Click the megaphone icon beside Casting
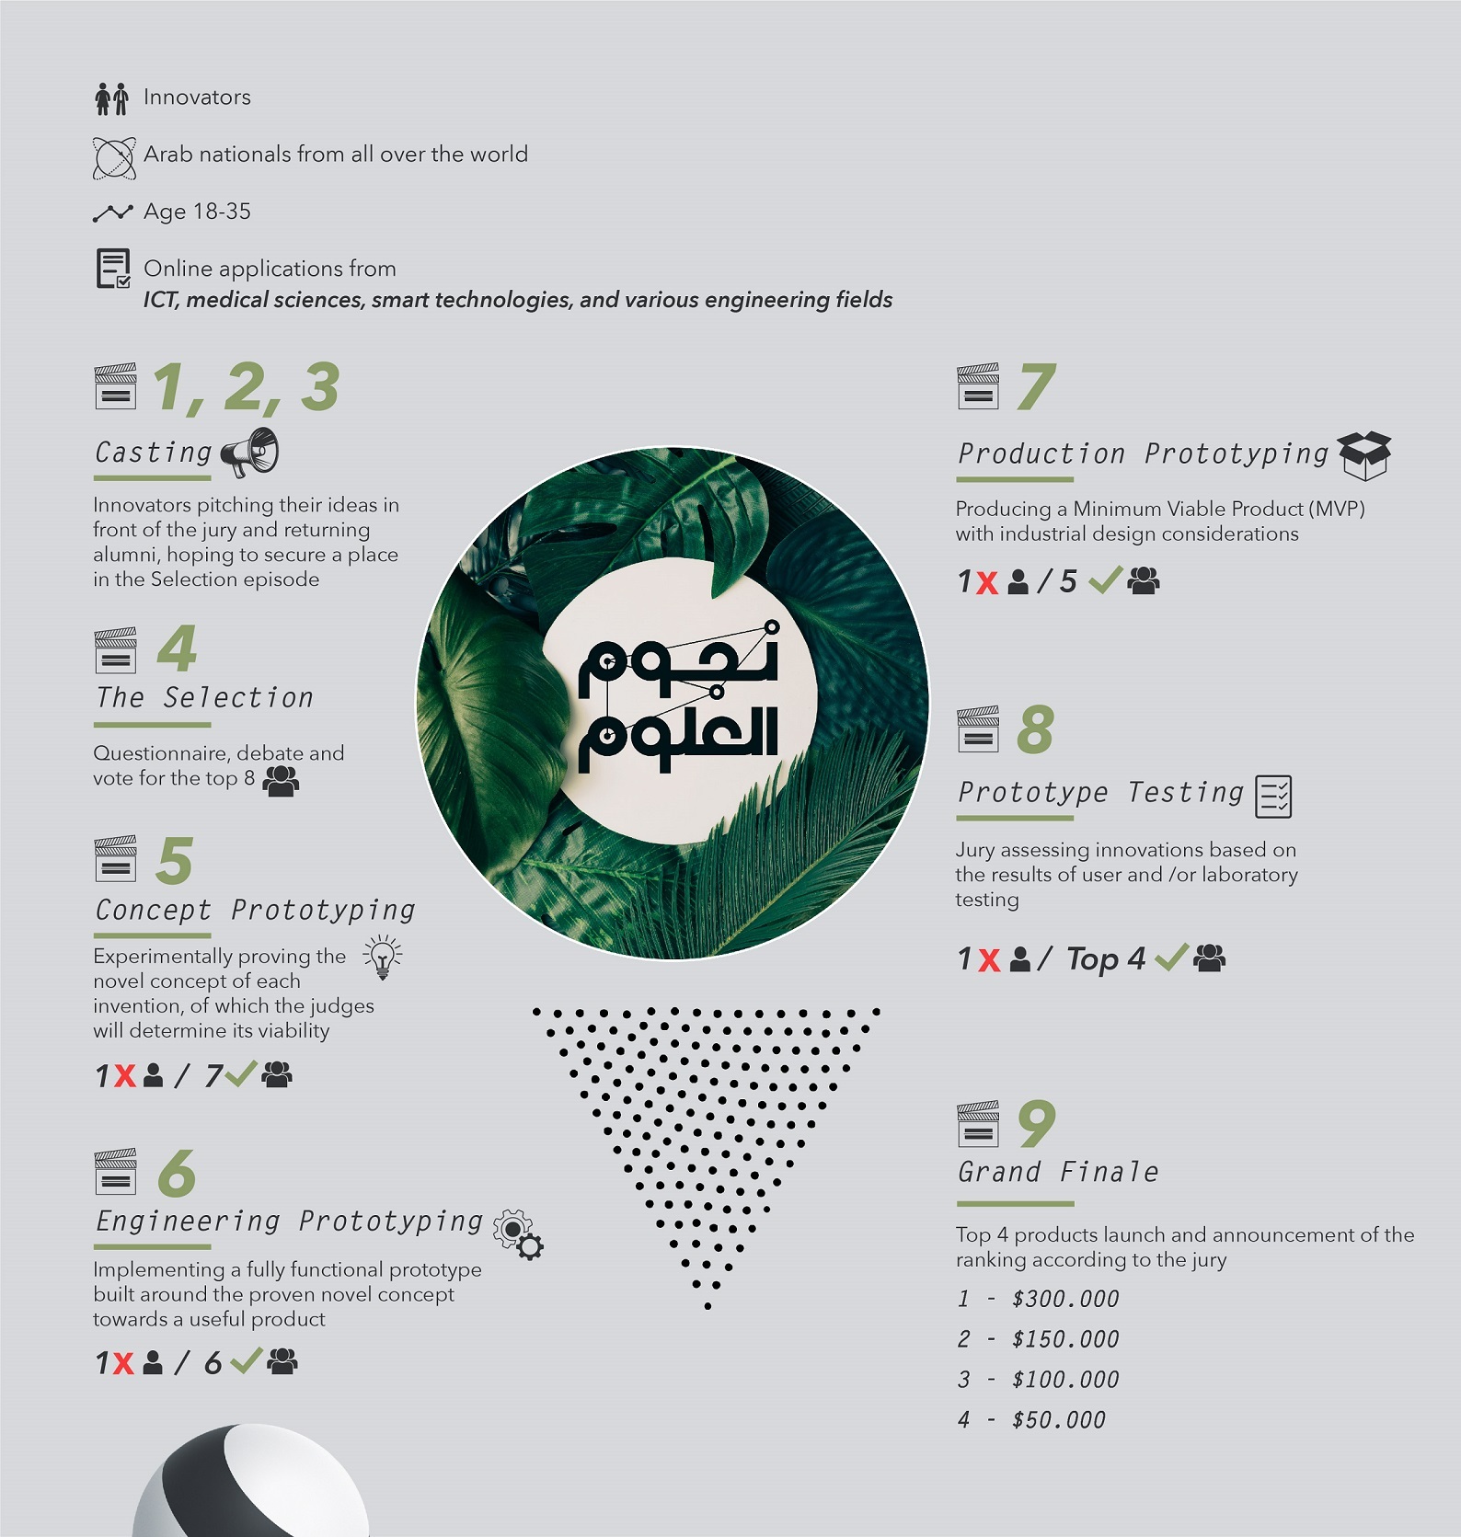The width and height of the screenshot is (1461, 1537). pyautogui.click(x=249, y=453)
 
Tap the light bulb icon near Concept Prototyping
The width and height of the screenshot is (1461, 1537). pyautogui.click(x=383, y=958)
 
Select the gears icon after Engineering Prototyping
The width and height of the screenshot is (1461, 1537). pyautogui.click(x=518, y=1234)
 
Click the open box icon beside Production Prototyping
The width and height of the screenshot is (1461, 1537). pyautogui.click(x=1364, y=455)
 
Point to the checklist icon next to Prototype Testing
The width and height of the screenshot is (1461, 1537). pyautogui.click(x=1273, y=797)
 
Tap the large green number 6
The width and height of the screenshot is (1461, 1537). pyautogui.click(x=176, y=1173)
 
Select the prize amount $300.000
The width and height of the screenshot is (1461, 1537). pyautogui.click(x=1064, y=1299)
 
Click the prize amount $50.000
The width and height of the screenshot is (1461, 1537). pyautogui.click(x=1058, y=1420)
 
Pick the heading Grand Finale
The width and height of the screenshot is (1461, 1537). pyautogui.click(x=1058, y=1173)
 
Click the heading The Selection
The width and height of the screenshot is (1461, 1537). pyautogui.click(x=204, y=698)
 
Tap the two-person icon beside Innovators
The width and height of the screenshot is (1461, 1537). pyautogui.click(x=111, y=98)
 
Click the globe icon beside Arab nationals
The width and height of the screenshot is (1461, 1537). pyautogui.click(x=113, y=157)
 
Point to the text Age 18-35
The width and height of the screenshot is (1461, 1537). pyautogui.click(x=197, y=212)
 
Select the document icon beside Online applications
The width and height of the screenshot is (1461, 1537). pyautogui.click(x=113, y=269)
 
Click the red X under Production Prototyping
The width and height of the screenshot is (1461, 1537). pyautogui.click(x=987, y=583)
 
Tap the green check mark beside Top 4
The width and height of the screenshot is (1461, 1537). pyautogui.click(x=1171, y=958)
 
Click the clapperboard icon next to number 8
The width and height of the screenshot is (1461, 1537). pyautogui.click(x=977, y=729)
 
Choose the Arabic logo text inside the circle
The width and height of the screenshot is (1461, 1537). pyautogui.click(x=678, y=701)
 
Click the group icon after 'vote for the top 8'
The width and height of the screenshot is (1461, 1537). pyautogui.click(x=281, y=781)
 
